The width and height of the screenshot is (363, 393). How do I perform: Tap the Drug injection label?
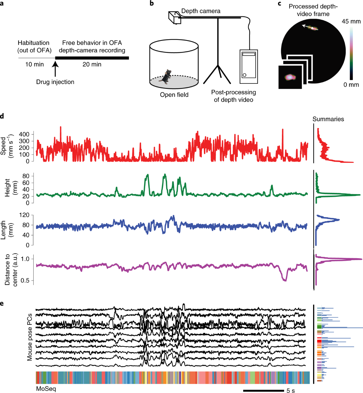pos(55,82)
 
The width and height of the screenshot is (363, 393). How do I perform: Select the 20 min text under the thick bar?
pos(92,64)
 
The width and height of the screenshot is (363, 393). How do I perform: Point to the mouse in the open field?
pos(166,77)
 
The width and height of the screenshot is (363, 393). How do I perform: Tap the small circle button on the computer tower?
pos(244,75)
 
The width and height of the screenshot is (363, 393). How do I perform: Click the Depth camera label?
pos(201,11)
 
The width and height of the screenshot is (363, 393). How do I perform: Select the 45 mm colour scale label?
pos(351,21)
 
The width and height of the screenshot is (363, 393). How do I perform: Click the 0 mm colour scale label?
pos(351,85)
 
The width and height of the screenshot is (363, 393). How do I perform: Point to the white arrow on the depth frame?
pos(307,27)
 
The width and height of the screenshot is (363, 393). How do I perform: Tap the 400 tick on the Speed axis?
pos(24,134)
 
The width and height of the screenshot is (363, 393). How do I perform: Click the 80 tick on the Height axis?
pos(26,176)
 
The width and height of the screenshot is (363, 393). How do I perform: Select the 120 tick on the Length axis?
pos(24,215)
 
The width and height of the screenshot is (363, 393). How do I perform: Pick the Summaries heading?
pos(328,119)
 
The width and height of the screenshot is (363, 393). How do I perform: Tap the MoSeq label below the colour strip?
pos(46,389)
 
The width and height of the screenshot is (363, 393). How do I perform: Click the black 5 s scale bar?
pos(263,391)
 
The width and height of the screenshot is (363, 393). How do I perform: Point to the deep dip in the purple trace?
pos(284,280)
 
